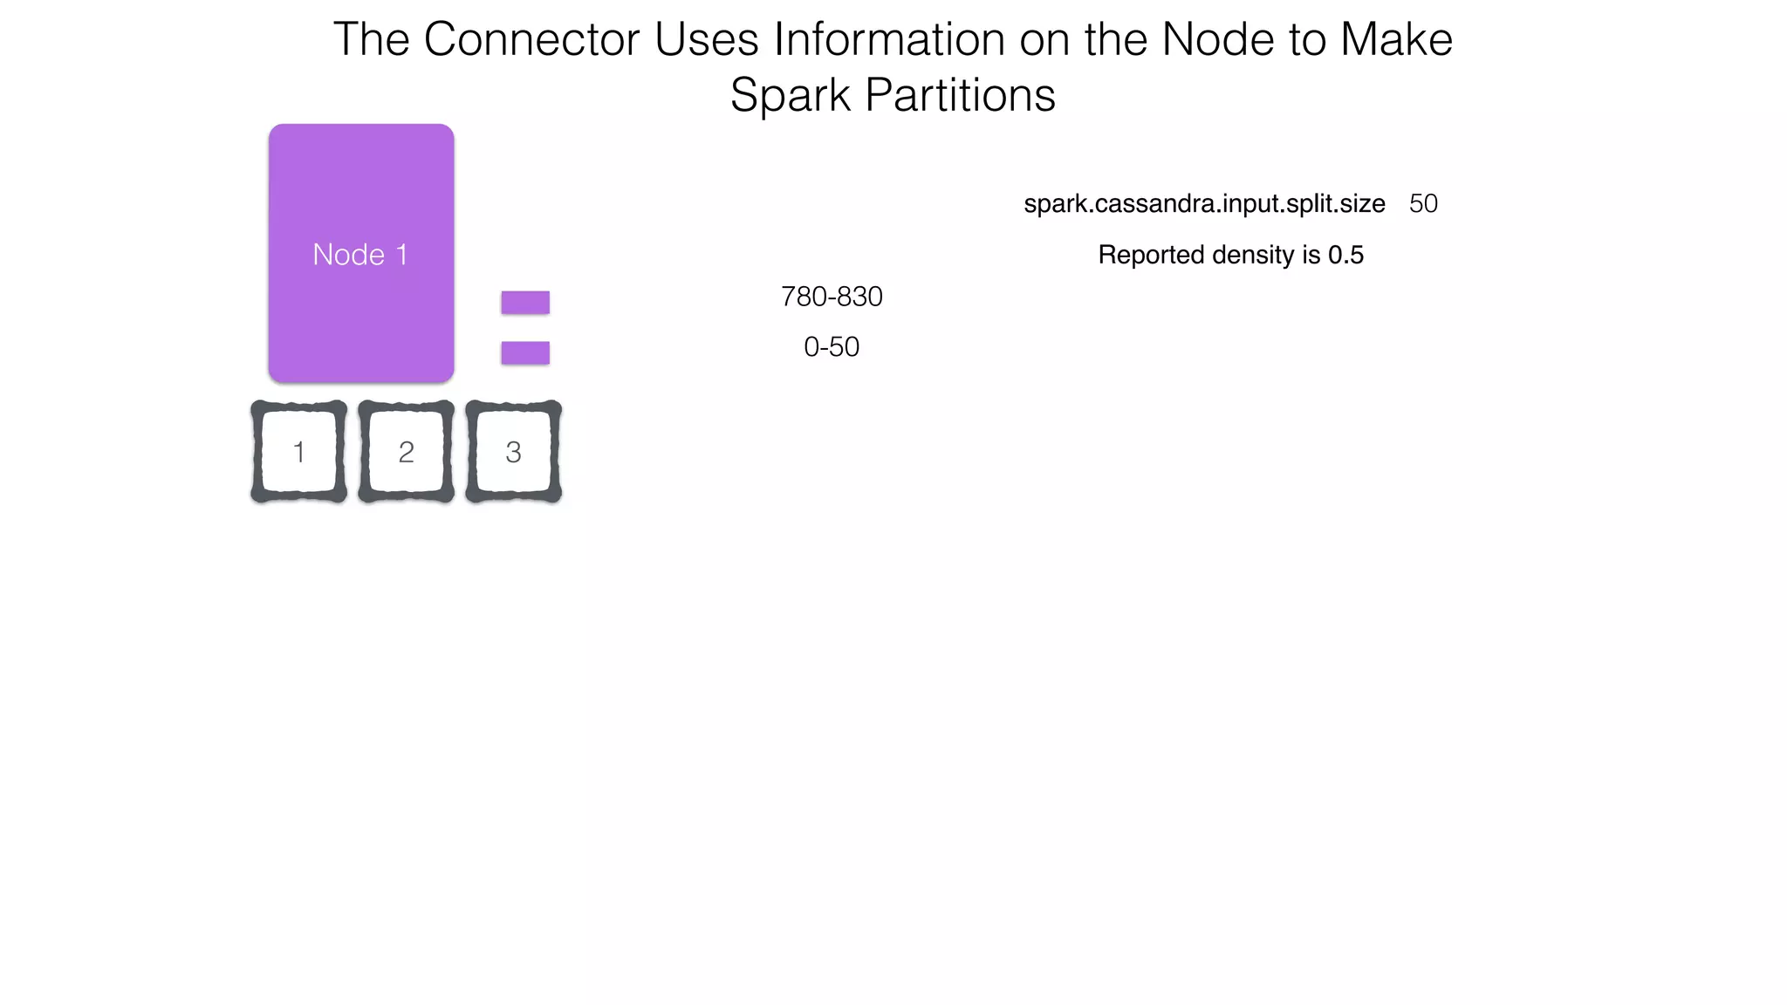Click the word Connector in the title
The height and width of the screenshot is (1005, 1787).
pyautogui.click(x=531, y=40)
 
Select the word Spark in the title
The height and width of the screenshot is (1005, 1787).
pyautogui.click(x=790, y=95)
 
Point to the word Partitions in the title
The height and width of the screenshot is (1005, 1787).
pyautogui.click(x=960, y=95)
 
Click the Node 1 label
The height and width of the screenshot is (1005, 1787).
pyautogui.click(x=360, y=255)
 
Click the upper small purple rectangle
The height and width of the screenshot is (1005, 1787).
pyautogui.click(x=525, y=303)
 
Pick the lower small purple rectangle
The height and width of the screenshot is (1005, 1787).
pyautogui.click(x=525, y=353)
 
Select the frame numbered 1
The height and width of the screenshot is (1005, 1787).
pyautogui.click(x=298, y=452)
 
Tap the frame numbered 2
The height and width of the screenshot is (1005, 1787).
pyautogui.click(x=406, y=452)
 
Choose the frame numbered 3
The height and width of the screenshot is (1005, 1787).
pyautogui.click(x=513, y=452)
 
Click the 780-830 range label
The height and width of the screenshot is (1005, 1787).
pyautogui.click(x=832, y=297)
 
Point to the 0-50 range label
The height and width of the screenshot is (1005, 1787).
pyautogui.click(x=832, y=347)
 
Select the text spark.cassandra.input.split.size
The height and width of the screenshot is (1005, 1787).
pyautogui.click(x=1204, y=204)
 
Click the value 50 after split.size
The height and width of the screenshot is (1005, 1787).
pyautogui.click(x=1423, y=204)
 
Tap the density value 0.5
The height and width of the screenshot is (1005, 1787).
pyautogui.click(x=1345, y=255)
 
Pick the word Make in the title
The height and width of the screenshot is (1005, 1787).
pyautogui.click(x=1396, y=40)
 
